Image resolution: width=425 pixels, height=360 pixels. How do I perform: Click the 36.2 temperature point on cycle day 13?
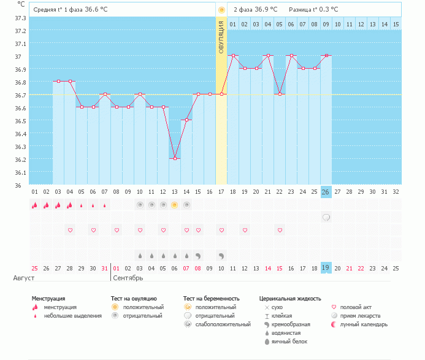coord(175,158)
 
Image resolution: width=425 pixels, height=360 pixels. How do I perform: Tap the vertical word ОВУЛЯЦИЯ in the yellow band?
coord(221,37)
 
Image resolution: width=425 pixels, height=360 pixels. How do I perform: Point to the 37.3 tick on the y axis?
coord(20,18)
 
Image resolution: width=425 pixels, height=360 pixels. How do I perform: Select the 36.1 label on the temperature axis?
coord(20,172)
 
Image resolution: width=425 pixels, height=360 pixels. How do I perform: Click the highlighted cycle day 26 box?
coord(326,192)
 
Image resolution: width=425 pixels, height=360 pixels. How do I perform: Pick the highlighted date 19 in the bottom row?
coord(326,268)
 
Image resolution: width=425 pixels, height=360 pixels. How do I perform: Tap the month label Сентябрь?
coord(128,278)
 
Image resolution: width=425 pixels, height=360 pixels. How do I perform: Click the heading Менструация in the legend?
coord(48,299)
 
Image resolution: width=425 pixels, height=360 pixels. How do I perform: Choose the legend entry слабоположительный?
coord(218,324)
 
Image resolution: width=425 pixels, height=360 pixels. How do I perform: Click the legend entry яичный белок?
coord(289,341)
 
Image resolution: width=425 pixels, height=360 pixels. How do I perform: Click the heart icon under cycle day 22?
coord(280,230)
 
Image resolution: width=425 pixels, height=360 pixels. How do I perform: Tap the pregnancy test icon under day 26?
coord(326,217)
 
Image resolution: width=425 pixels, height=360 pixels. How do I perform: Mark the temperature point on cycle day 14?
coord(186,120)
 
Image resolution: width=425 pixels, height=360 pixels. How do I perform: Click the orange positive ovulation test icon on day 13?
coord(175,205)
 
